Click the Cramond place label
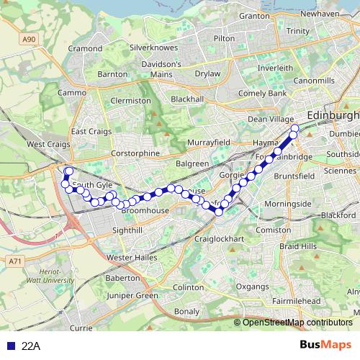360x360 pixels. point(85,48)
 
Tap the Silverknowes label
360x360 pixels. point(148,48)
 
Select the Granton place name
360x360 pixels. point(253,15)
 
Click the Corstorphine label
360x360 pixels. point(135,153)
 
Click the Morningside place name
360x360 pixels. point(287,204)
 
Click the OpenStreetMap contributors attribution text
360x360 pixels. point(297,323)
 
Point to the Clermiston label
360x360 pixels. point(131,101)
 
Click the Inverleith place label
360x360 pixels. point(275,68)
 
